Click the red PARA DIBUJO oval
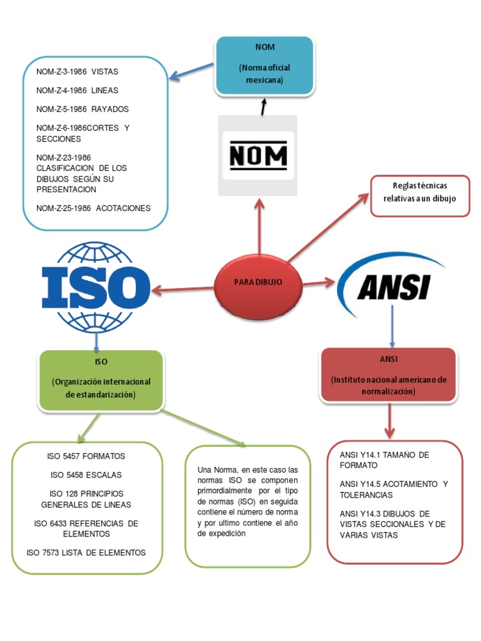pos(258,282)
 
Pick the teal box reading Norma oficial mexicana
pos(264,65)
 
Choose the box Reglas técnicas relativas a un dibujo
pos(420,196)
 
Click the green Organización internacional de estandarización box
pos(101,381)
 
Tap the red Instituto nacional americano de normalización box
pos(388,374)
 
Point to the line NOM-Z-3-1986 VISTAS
pos(78,72)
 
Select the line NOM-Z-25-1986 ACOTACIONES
pos(94,208)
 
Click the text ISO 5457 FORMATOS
pos(86,456)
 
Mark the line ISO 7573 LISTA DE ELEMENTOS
pos(86,552)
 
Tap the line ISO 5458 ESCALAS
pos(86,474)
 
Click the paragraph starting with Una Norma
pos(247,501)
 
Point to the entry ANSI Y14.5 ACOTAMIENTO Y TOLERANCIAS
pos(394,490)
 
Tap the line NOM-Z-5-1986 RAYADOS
pos(83,109)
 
